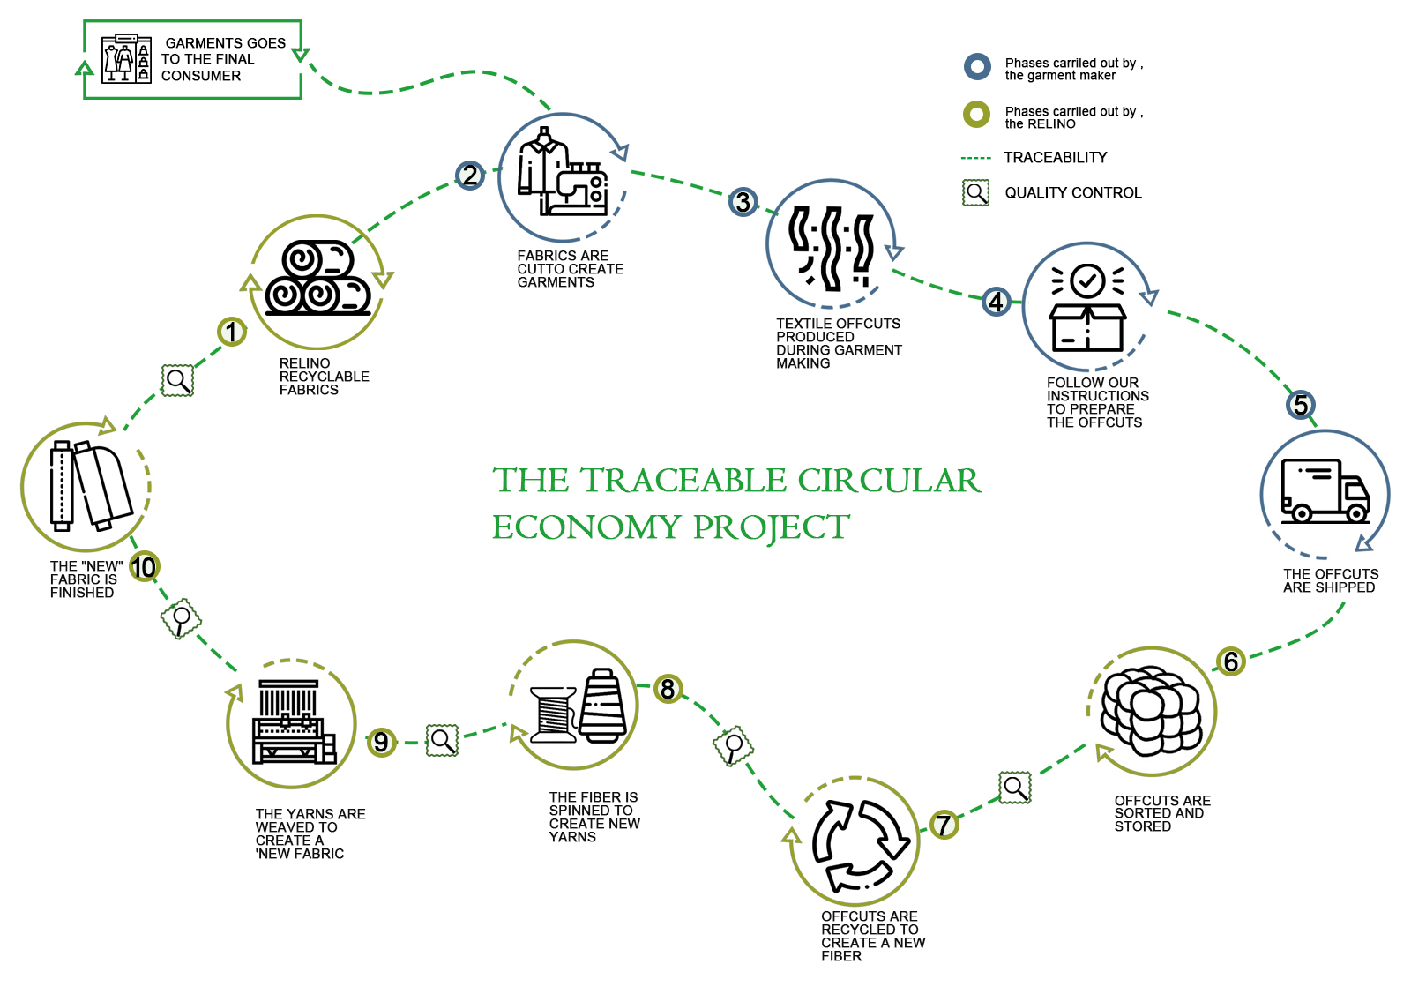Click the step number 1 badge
point(232,332)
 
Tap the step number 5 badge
point(1301,405)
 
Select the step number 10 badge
point(144,566)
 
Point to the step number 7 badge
point(944,825)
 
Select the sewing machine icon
point(582,188)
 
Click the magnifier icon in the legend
point(976,192)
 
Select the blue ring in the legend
point(977,66)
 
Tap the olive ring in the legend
point(976,115)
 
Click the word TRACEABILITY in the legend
point(1055,157)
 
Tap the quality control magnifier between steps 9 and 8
point(443,740)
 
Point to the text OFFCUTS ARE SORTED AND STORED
point(1161,813)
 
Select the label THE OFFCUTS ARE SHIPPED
point(1330,580)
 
